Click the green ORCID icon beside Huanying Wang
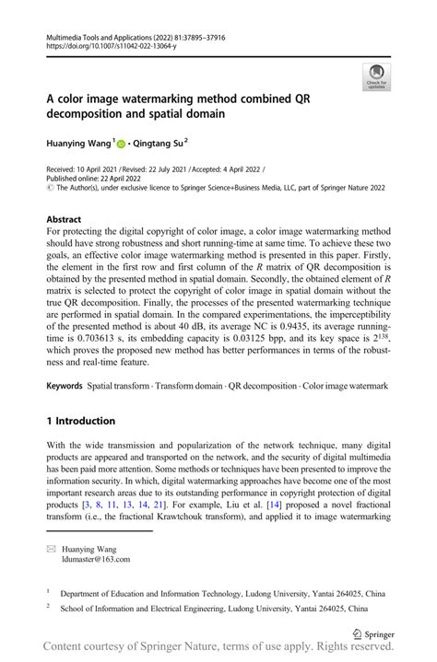124,145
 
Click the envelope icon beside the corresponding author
53,546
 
